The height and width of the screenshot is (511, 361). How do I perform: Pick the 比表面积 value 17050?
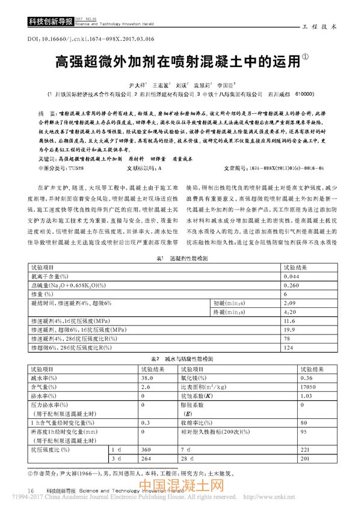292,386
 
